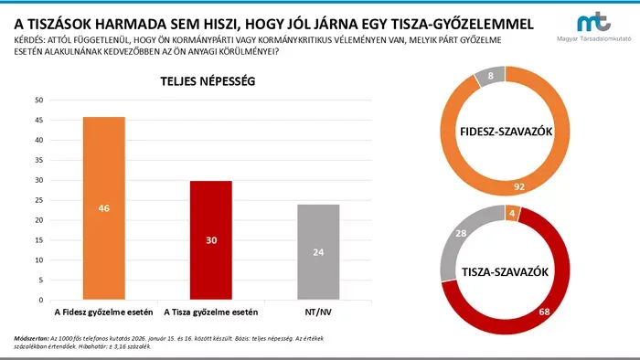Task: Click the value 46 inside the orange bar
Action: [103, 208]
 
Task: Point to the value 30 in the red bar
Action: [210, 240]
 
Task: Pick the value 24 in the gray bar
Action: [317, 252]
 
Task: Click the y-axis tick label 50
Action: [37, 100]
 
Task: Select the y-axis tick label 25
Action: [37, 200]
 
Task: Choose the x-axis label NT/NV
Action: [317, 312]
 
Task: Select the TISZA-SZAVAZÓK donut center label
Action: [505, 272]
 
